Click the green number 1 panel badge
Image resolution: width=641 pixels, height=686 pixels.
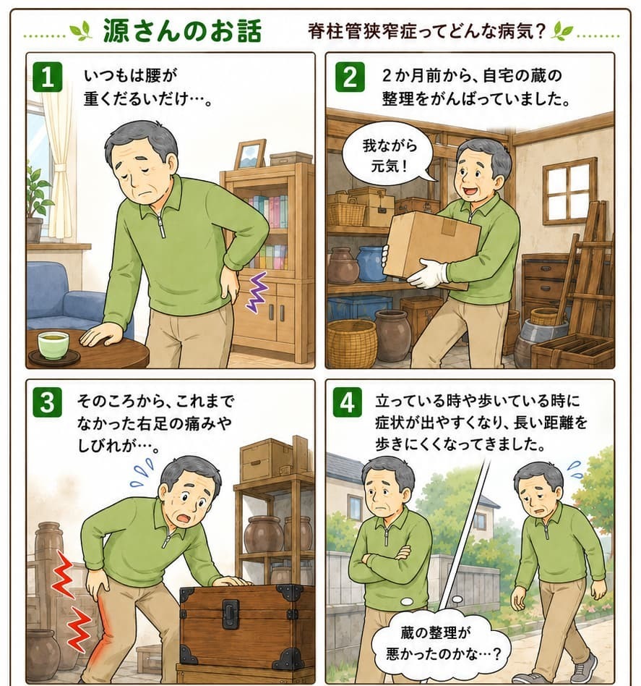point(48,77)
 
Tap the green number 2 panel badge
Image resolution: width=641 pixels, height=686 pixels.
point(350,77)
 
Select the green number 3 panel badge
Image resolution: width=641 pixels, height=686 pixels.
point(48,402)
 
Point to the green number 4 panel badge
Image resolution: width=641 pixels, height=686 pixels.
point(348,402)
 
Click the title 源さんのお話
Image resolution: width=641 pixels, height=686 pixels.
point(182,31)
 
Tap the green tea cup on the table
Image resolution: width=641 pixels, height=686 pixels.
point(53,344)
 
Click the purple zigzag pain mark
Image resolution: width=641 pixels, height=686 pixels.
point(257,292)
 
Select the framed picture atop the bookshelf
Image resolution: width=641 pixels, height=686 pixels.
point(250,155)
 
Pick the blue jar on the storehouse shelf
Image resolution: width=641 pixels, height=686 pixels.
point(372,264)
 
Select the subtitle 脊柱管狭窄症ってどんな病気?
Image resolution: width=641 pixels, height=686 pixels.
point(427,32)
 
